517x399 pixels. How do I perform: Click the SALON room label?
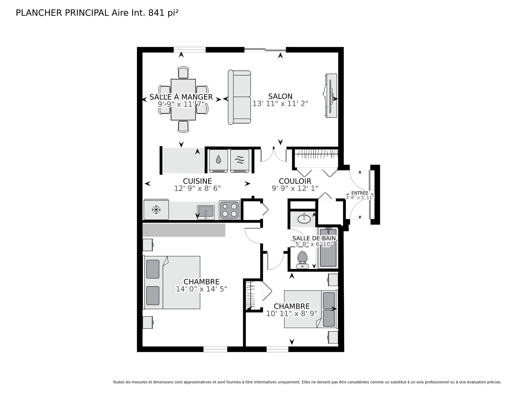click(280, 96)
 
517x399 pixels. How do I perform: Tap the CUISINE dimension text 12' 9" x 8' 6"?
click(197, 188)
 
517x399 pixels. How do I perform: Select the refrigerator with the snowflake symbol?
click(156, 210)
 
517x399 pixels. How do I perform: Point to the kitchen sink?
click(205, 211)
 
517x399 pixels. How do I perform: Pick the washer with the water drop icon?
click(218, 161)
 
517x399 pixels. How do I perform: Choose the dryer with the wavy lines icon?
click(240, 161)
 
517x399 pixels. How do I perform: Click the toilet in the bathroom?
click(302, 259)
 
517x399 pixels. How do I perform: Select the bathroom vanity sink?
click(304, 219)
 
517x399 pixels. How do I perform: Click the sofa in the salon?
click(239, 97)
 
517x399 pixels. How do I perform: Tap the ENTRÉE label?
click(360, 193)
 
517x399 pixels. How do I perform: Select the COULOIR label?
click(295, 181)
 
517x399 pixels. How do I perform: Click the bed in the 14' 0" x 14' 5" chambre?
click(172, 283)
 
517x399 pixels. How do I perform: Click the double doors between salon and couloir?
click(273, 156)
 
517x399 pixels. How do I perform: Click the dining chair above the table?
click(183, 73)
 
